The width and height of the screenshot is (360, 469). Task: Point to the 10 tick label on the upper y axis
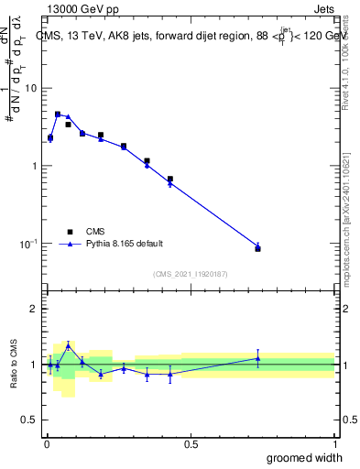tap(29, 88)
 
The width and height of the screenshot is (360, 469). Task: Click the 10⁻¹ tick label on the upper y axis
tap(27, 243)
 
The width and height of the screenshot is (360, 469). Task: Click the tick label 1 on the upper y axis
tap(33, 166)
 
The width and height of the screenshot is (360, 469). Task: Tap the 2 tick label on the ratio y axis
tap(34, 309)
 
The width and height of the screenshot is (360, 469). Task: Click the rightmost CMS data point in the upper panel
tap(257, 248)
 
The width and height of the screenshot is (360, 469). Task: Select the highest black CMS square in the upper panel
tap(58, 115)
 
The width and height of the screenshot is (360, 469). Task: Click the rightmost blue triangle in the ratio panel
tap(257, 358)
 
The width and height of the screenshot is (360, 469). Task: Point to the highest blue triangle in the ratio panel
tap(68, 345)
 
